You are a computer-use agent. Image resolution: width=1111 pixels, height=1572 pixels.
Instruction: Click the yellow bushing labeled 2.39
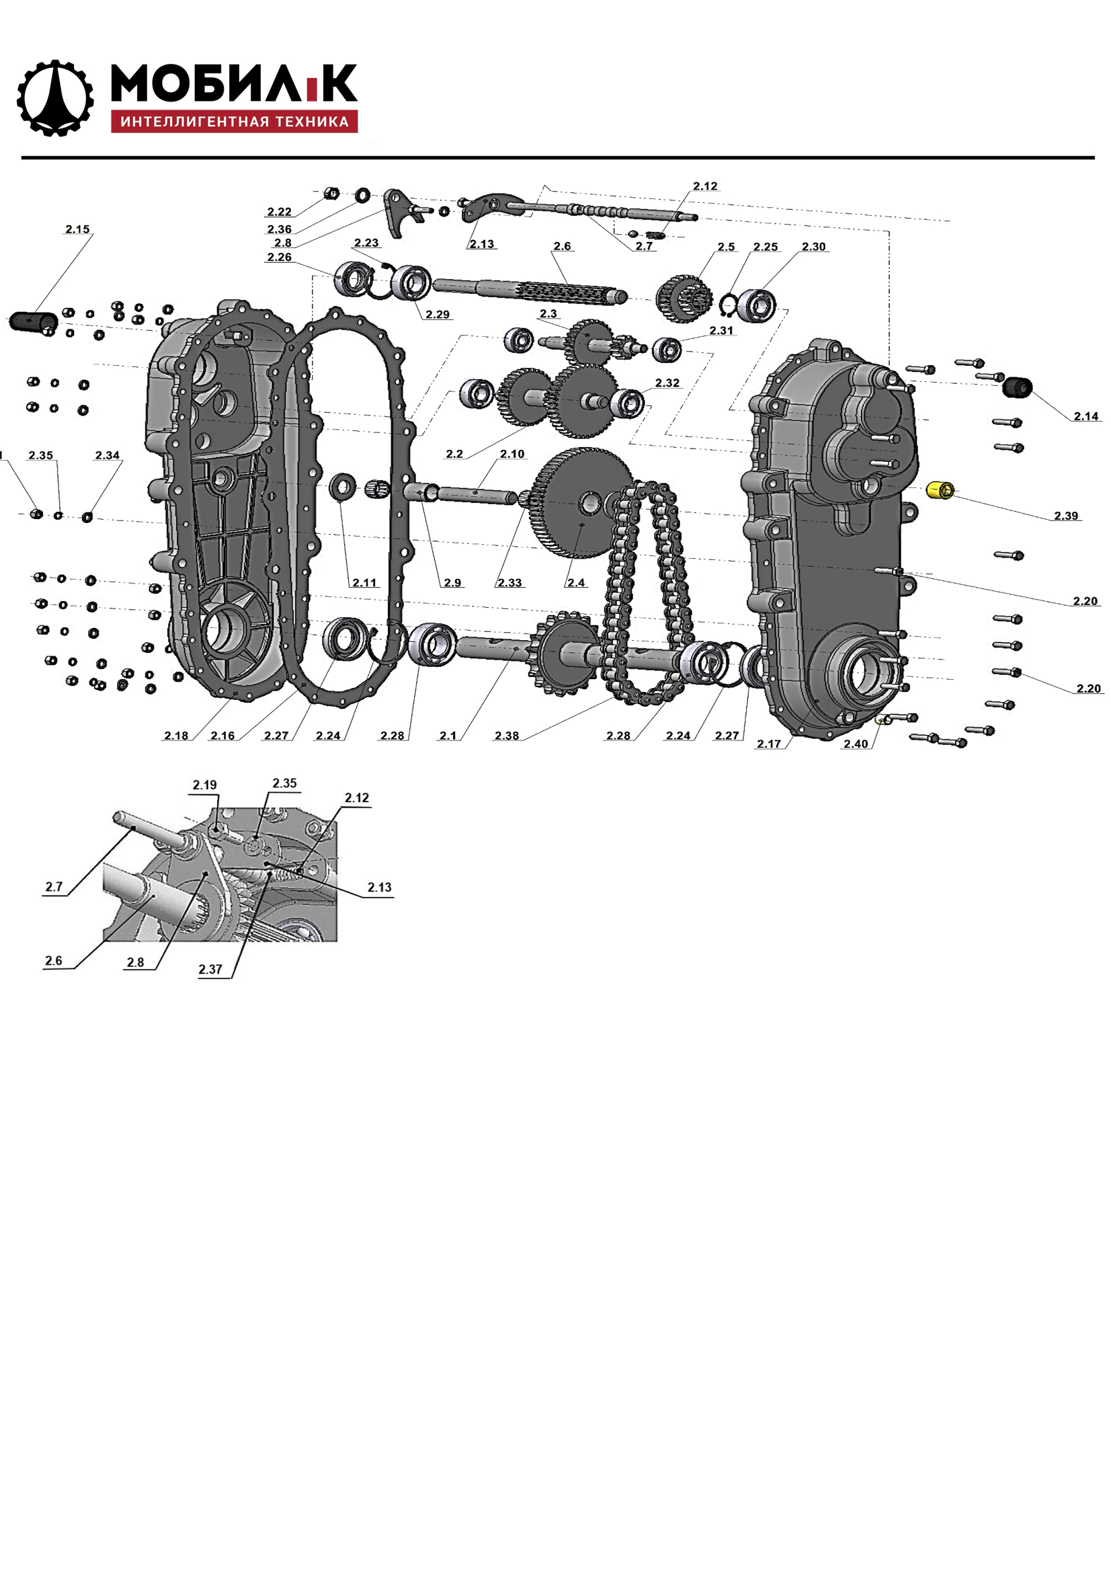coord(940,490)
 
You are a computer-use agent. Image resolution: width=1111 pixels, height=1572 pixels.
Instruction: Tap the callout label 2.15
coord(77,229)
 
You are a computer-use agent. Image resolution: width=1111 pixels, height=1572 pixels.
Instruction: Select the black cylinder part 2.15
coord(32,321)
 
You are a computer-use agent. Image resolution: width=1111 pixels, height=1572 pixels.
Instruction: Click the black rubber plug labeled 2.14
coord(1017,387)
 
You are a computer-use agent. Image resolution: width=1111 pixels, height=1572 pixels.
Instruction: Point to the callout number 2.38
coord(507,736)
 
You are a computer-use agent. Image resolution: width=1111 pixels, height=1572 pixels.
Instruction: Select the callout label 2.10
coord(512,454)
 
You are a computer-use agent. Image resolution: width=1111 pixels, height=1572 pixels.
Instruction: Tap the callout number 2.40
coord(856,744)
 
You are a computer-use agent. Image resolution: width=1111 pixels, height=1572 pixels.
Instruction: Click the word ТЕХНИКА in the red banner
coord(311,122)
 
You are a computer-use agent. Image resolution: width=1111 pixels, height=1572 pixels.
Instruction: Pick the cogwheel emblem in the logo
coord(54,98)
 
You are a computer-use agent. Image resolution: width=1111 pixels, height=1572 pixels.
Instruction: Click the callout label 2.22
coord(280,212)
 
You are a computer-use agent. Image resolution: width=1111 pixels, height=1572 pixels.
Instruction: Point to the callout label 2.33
coord(509,583)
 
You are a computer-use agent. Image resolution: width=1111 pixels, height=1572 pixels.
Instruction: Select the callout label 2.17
coord(769,744)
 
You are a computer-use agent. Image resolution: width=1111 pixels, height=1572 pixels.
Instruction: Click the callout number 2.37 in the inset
coord(210,970)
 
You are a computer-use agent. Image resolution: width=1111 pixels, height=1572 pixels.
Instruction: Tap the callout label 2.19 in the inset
coord(205,785)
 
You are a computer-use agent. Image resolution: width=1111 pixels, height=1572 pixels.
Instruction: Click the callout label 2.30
coord(814,247)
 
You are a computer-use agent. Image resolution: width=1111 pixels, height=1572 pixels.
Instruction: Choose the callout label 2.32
coord(667,383)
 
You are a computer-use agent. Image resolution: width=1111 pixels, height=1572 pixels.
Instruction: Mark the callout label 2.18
coord(176,736)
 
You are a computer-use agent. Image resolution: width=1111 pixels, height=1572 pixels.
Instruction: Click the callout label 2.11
coord(364,583)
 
